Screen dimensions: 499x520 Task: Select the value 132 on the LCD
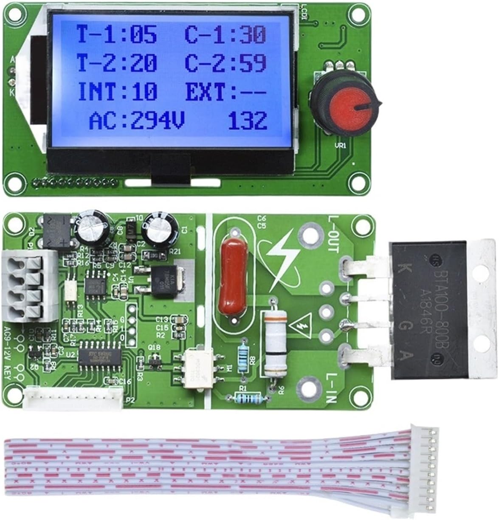click(248, 121)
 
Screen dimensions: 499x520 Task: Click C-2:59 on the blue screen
click(226, 63)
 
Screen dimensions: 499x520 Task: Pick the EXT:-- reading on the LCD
click(226, 91)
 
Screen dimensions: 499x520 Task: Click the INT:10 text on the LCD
click(118, 91)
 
